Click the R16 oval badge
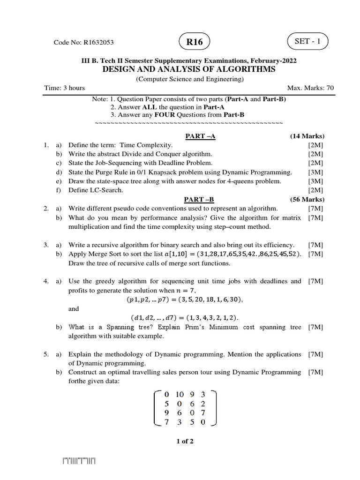tap(195, 42)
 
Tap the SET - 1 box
tap(308, 41)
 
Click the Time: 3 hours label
tap(64, 88)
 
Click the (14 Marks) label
tap(307, 136)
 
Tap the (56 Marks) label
tap(307, 199)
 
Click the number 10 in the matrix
tap(180, 395)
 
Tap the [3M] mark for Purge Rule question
tap(315, 172)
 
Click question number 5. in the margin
tap(46, 354)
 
